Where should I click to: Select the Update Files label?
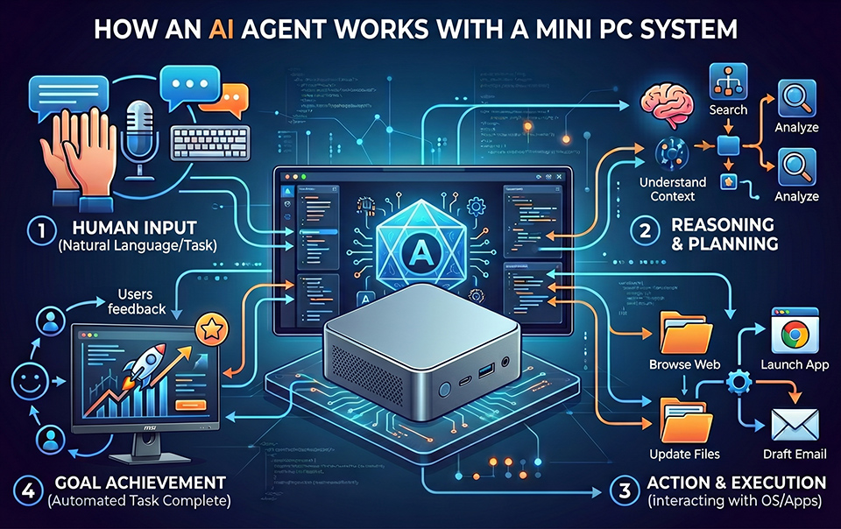684,453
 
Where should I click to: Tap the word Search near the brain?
727,109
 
